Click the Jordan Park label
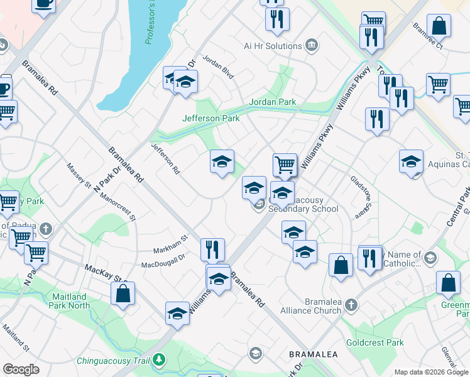272,102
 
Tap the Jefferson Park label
210,117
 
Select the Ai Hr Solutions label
273,46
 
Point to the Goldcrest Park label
379,342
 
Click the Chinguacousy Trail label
114,361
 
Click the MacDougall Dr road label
163,261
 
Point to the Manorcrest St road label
117,208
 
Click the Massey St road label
79,175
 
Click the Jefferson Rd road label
165,158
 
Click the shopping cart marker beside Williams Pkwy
285,165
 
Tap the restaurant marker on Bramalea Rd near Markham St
212,249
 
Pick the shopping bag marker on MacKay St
123,293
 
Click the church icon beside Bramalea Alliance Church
351,306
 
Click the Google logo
21,369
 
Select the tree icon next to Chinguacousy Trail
160,360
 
